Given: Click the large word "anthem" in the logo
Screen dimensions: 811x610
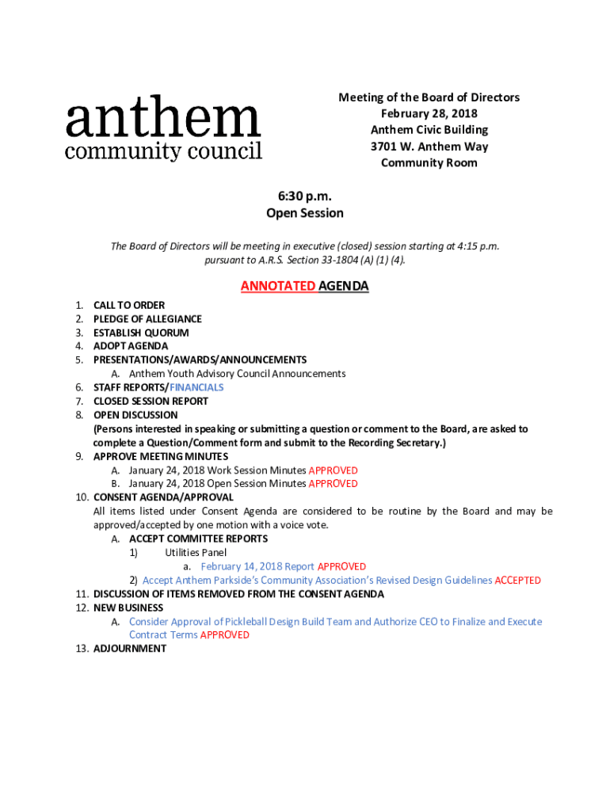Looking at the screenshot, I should [162, 120].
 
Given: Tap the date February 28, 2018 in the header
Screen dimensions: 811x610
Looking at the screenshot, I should [429, 113].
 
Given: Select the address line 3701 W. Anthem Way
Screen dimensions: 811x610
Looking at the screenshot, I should [429, 147].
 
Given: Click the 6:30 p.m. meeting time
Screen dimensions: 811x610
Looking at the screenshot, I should [304, 196].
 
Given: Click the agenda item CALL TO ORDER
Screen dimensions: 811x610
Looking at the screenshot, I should [129, 305].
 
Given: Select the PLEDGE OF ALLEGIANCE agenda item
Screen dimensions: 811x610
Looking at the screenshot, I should [147, 319].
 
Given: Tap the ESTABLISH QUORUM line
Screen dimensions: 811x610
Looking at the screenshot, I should [141, 333].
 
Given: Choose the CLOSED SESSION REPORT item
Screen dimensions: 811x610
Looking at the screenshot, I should [151, 401].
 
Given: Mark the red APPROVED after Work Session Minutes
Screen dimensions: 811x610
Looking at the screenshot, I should [333, 470].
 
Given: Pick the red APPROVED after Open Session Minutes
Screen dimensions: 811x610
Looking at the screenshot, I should [333, 484].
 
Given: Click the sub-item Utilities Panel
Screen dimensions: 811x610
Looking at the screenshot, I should [196, 553].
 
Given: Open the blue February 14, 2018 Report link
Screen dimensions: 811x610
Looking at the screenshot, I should [257, 567].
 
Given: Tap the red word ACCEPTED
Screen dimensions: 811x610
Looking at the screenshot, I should [517, 581].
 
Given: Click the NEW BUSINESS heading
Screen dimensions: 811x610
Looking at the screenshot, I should [128, 608].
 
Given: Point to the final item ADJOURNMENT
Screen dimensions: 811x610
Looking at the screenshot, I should [130, 649].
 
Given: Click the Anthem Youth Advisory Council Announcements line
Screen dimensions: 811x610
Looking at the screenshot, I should [237, 374].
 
